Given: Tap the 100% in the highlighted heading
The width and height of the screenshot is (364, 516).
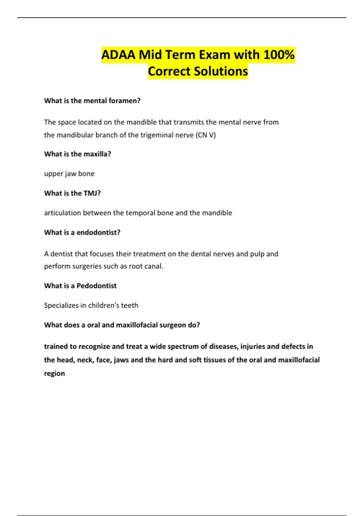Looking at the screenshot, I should tap(279, 55).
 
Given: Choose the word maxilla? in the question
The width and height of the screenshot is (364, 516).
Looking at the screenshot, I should tap(97, 154).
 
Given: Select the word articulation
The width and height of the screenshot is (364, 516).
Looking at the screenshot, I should tap(62, 213).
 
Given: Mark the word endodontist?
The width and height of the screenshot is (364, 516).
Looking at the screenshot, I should tap(99, 233).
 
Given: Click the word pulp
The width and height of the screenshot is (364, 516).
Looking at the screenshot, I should tap(257, 254).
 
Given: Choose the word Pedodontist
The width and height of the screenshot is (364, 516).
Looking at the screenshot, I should tap(96, 286).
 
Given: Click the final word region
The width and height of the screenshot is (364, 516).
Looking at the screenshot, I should tap(55, 373).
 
